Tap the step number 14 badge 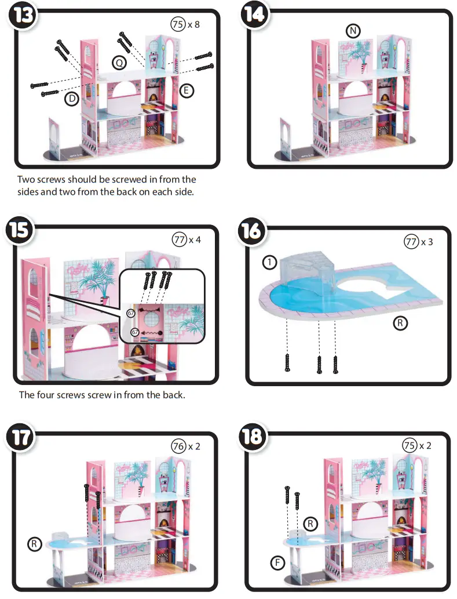[254, 15]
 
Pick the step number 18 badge [253, 437]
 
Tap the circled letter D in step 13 [71, 99]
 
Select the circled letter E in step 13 [187, 90]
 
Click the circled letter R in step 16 [400, 324]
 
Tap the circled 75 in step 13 [177, 24]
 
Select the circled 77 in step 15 [179, 239]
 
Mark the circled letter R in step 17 [35, 544]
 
